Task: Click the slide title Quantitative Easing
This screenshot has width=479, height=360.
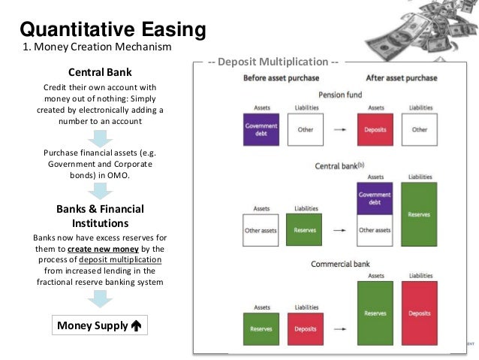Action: (x=112, y=29)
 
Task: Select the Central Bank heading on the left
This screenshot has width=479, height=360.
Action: (x=100, y=73)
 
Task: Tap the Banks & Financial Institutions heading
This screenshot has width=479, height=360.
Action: (x=100, y=216)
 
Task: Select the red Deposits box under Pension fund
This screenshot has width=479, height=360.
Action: (x=376, y=129)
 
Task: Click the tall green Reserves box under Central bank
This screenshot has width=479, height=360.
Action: (x=420, y=214)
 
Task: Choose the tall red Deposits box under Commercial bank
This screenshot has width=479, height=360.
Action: (x=420, y=313)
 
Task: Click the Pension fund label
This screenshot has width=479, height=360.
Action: (x=340, y=95)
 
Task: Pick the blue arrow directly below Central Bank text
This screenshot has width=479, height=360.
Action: (x=100, y=138)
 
